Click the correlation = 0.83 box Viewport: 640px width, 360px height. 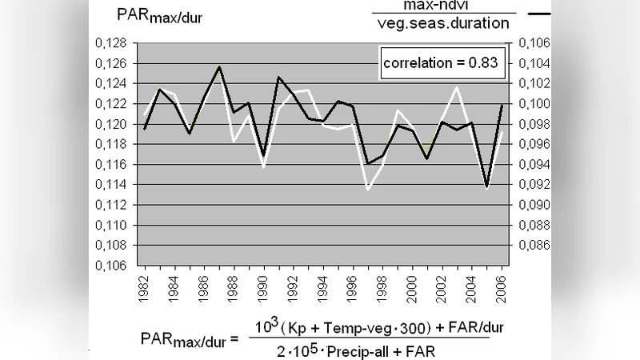(443, 63)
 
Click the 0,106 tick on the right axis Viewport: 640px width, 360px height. (534, 43)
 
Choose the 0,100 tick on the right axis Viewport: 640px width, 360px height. (534, 104)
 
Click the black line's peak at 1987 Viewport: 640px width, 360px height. (218, 66)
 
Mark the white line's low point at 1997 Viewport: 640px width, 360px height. (367, 189)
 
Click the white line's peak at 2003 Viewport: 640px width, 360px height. (457, 87)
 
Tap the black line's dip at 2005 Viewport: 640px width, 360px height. (486, 186)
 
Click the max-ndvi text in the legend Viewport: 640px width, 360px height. (442, 6)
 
